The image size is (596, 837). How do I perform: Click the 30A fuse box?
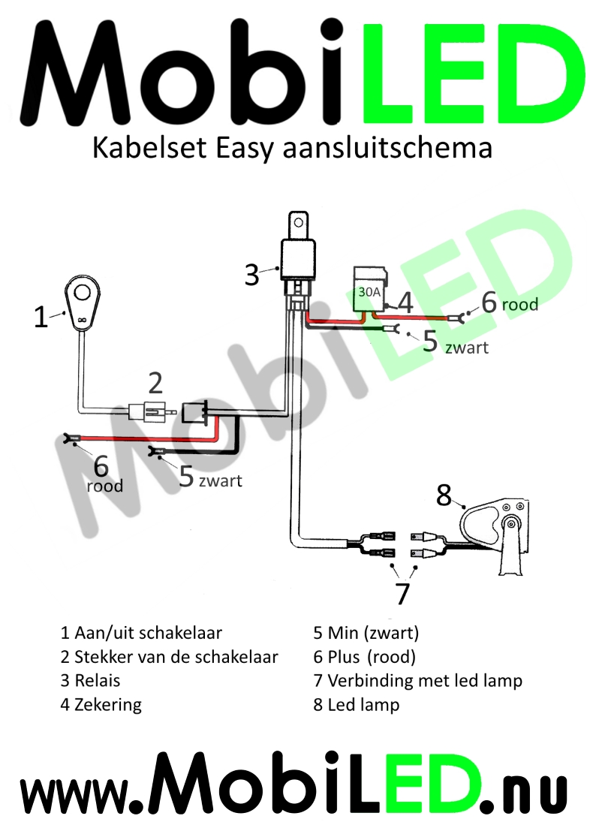[370, 289]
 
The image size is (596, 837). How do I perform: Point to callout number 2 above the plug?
[155, 383]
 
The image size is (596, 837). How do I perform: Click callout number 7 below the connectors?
[402, 592]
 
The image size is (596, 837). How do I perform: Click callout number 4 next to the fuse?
[405, 302]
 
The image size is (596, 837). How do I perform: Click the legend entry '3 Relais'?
[90, 680]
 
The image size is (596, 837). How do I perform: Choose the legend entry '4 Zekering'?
[101, 705]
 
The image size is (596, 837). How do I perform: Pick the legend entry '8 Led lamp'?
[357, 705]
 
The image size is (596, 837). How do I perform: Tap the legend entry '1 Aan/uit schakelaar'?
[141, 633]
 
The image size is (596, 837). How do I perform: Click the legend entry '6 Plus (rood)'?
[364, 657]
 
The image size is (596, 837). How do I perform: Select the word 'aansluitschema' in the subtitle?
[387, 148]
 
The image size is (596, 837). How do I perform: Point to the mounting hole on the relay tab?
[299, 222]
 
